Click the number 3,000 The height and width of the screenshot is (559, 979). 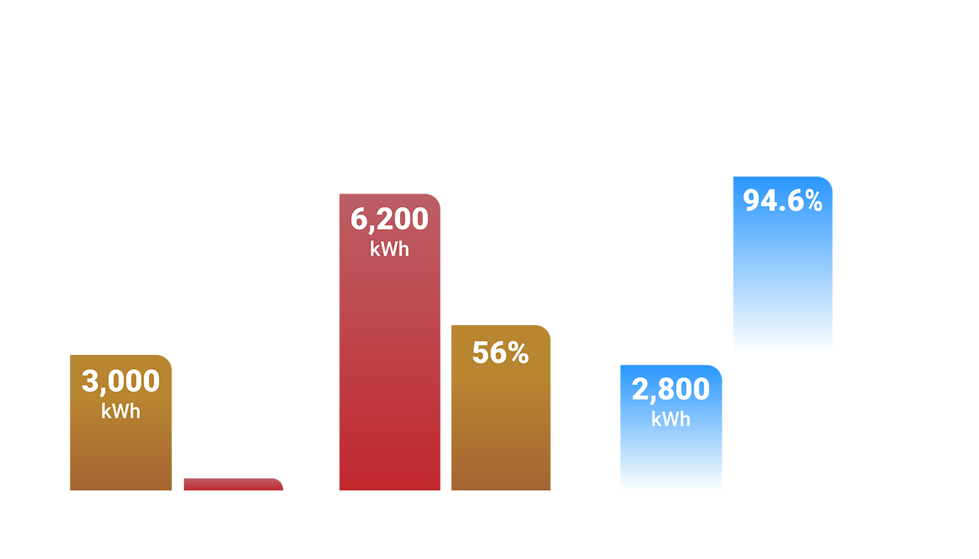121,382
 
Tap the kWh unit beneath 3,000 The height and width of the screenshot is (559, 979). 121,411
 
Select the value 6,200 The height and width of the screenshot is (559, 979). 390,219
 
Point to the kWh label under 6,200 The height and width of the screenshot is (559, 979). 390,249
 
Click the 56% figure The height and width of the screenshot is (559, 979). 500,353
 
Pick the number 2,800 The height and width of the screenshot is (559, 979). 671,389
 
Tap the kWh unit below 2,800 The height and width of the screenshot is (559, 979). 671,419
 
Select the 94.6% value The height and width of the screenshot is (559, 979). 783,201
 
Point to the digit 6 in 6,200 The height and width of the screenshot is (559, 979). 359,219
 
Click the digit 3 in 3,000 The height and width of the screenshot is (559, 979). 90,382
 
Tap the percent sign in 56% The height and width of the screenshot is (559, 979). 517,353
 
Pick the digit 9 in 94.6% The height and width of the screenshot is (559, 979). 752,201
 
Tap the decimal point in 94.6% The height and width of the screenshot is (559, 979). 779,208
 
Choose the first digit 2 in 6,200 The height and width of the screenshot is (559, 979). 383,219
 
